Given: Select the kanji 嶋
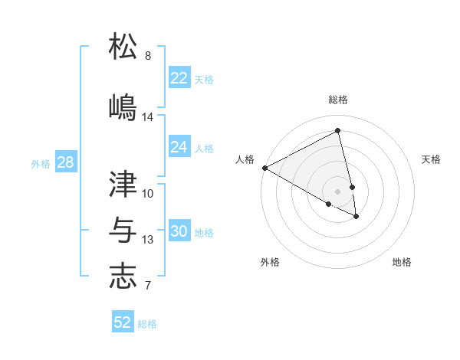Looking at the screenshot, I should pos(123,106).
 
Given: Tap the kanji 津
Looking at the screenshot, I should pos(123,184).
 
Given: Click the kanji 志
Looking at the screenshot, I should pos(123,277).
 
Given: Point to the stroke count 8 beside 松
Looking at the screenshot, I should pos(148,56).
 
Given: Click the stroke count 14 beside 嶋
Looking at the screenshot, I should pos(148,117).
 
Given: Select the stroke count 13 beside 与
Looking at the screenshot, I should pos(148,240).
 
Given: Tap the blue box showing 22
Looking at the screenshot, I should pos(179,78).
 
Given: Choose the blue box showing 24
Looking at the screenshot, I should pos(179,147).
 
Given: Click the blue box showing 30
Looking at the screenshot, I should pos(179,232).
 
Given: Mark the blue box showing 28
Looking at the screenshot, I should pos(65,162).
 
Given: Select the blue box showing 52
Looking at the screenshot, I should pos(123,322).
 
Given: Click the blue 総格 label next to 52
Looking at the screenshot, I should pos(147,324).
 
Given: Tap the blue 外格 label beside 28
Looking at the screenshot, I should pos(41,163).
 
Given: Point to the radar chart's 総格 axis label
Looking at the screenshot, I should pos(337,100).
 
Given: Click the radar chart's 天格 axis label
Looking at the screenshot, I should pos(431,159).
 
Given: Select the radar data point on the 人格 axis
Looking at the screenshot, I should pos(264,168).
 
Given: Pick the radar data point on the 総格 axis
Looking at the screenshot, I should pos(337,131).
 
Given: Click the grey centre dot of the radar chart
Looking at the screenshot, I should pos(337,191).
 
